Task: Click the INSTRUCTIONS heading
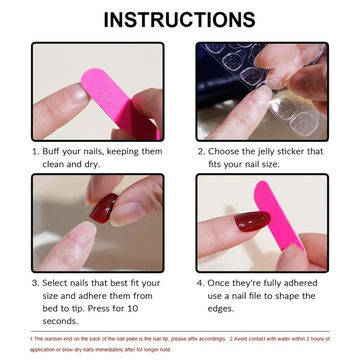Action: pos(179,19)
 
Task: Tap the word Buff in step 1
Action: pos(51,151)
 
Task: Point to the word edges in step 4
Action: pos(220,308)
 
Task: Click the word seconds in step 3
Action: pos(60,321)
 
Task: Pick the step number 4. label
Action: pos(200,283)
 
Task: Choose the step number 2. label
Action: pos(201,151)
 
